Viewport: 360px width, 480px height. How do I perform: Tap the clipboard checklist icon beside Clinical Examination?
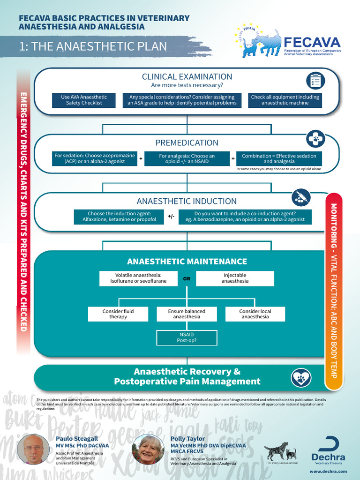tap(315, 81)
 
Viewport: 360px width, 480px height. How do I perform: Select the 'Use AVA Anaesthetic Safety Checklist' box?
tap(84, 100)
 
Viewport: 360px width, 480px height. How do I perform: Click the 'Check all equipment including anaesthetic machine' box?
tap(285, 100)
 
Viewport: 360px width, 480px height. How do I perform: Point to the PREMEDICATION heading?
tap(187, 142)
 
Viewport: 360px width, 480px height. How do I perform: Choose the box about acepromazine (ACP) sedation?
tap(95, 158)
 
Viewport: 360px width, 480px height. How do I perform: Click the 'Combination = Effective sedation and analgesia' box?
tap(279, 158)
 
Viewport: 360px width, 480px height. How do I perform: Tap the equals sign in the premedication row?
tap(233, 159)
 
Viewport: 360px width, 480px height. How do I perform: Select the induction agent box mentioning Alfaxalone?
tap(116, 216)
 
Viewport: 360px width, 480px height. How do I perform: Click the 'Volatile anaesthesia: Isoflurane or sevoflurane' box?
tap(138, 278)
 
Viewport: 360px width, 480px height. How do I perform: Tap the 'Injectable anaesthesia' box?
tap(235, 278)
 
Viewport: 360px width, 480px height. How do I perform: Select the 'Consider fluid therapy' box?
tap(118, 314)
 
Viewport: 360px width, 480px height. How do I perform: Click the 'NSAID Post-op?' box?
tap(187, 337)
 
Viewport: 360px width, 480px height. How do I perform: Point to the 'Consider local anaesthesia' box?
tap(255, 314)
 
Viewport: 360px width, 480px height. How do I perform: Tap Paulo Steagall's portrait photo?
tap(33, 449)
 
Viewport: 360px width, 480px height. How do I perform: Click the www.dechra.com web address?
tap(328, 471)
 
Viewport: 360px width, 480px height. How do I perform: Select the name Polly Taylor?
tap(187, 439)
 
